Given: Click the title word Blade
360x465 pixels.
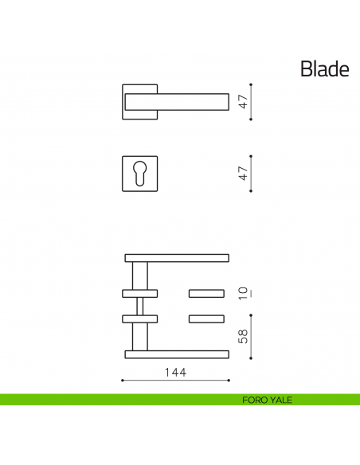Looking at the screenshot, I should point(324,69).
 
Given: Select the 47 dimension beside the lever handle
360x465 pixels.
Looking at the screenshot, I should point(245,102).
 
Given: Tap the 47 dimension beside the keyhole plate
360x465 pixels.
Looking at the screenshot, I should point(245,172).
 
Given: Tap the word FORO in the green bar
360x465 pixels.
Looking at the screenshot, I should point(254,400).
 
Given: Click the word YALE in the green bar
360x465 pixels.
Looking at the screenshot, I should point(280,400).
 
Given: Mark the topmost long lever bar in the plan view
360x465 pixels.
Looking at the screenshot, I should point(177,257).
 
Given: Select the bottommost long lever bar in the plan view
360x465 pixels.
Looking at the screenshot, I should point(177,354).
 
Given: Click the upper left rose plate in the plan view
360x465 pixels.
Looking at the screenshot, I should point(140,292).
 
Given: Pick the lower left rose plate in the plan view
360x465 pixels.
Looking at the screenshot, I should point(140,319).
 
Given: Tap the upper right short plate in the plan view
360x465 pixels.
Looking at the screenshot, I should point(205,292).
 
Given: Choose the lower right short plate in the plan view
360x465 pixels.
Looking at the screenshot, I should point(205,319).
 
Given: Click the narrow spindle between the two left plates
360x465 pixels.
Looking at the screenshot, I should point(140,306).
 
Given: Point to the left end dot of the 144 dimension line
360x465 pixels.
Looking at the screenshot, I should point(122,381).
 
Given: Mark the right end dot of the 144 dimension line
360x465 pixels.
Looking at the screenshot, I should point(229,381).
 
